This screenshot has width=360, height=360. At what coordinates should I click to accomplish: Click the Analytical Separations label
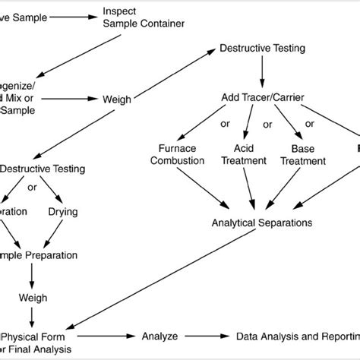tap(262, 223)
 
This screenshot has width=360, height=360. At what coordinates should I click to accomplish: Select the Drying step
tap(63, 211)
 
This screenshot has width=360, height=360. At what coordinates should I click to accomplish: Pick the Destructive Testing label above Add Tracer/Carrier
tap(262, 49)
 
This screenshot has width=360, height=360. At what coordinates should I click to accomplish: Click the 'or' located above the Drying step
tap(32, 187)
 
